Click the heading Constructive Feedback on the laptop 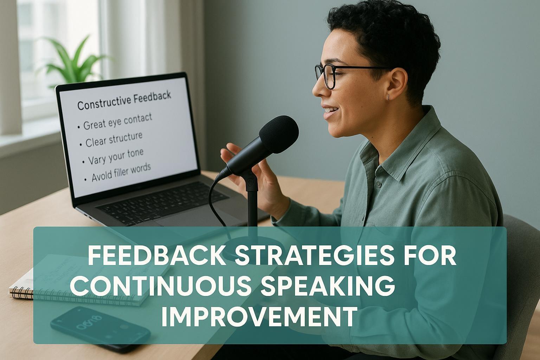[124, 99]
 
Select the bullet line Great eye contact [118, 121]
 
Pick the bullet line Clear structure [114, 139]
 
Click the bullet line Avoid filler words [121, 172]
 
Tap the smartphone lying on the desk [100, 329]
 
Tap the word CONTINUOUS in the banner [160, 284]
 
